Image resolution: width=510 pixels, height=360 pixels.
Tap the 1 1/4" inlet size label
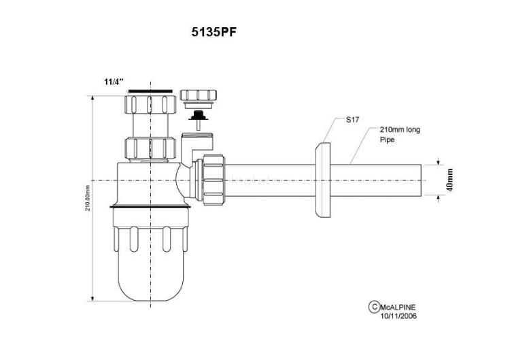[114, 82]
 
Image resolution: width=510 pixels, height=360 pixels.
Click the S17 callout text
[352, 119]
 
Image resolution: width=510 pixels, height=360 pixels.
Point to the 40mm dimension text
[450, 180]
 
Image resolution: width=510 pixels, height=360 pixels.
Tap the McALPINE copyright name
[400, 307]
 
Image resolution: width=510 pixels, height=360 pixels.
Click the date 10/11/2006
[399, 316]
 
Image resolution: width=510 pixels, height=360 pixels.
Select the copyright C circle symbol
[373, 307]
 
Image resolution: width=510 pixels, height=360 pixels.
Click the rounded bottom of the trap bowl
[148, 286]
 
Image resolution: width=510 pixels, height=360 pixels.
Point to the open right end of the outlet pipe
[424, 180]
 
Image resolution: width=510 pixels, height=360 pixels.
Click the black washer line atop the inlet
[149, 90]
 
